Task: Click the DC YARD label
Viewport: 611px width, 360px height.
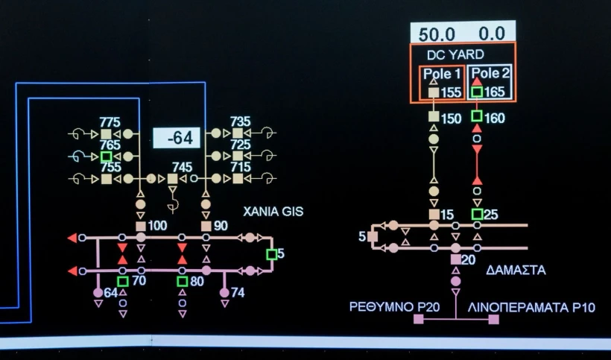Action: (x=455, y=54)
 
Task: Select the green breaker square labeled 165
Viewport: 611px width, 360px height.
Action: (x=477, y=92)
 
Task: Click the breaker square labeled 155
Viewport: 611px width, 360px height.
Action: (x=434, y=93)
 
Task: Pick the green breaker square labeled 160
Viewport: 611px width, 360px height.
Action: (x=477, y=117)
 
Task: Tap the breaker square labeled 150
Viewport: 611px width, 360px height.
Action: (x=434, y=117)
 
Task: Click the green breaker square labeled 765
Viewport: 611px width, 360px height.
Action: (x=107, y=157)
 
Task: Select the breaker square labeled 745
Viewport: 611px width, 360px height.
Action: (x=173, y=179)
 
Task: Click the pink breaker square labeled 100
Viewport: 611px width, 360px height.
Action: (x=141, y=226)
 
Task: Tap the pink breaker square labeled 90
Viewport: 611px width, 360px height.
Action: (x=206, y=226)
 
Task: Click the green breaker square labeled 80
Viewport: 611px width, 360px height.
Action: (x=182, y=281)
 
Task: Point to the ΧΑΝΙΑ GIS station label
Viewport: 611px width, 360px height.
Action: (x=273, y=212)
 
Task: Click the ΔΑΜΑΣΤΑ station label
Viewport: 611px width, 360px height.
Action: (x=516, y=270)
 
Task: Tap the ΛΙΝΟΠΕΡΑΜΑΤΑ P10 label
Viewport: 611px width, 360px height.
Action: (x=531, y=307)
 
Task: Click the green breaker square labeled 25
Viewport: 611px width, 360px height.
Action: (x=477, y=215)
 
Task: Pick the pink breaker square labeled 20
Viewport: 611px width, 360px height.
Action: (x=455, y=259)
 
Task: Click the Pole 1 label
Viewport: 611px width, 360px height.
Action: (x=442, y=74)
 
